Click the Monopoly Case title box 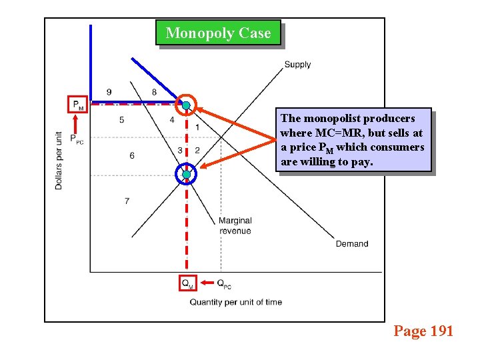coord(218,33)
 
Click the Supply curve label coord(297,65)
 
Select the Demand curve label coord(351,244)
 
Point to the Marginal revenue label coord(235,226)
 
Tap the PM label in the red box coord(78,105)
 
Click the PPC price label coord(77,139)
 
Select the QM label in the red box coord(187,283)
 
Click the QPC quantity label coord(224,283)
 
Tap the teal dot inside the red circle coord(187,105)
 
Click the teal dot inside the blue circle coord(187,175)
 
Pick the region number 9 coord(109,92)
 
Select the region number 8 coord(155,92)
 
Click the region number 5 coord(121,120)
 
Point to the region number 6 coord(131,155)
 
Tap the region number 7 coord(127,201)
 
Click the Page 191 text coord(423,331)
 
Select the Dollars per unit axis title coord(59,160)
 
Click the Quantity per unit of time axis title coord(235,302)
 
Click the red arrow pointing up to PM coord(77,123)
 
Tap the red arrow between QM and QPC coord(206,283)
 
